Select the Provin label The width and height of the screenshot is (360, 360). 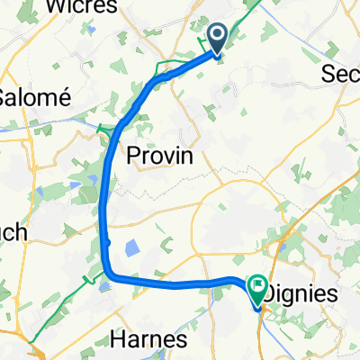159,155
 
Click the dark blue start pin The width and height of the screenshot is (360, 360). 218,39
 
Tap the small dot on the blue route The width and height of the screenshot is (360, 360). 106,241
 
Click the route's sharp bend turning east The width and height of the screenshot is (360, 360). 110,273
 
